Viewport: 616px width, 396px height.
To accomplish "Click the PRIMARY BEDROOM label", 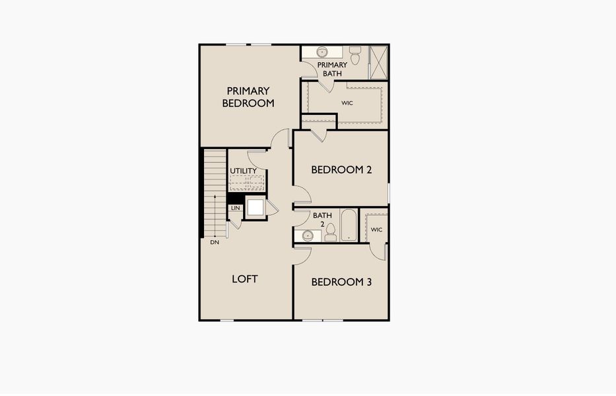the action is point(248,97).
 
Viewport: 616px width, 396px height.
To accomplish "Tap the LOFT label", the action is point(245,279).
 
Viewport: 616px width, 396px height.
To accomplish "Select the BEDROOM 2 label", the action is point(341,170).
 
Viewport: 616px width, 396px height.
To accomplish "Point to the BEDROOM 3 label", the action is point(341,282).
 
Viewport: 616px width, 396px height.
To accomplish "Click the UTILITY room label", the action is point(243,171).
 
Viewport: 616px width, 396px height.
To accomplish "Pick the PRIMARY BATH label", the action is point(332,69).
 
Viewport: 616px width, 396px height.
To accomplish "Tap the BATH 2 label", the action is point(323,220).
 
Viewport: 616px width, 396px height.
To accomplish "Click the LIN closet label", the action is point(235,208).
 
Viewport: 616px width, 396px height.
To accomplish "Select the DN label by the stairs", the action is point(215,242).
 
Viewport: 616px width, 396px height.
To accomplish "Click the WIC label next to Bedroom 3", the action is point(376,230).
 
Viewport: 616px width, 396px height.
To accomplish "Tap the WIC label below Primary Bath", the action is point(347,103).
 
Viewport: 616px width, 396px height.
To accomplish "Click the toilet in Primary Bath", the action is point(355,55).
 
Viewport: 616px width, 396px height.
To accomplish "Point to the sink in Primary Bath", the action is point(322,51).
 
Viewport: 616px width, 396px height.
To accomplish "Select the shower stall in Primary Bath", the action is point(379,63).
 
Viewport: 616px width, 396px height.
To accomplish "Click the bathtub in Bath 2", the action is point(349,224).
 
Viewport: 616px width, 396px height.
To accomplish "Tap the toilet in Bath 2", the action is point(331,232).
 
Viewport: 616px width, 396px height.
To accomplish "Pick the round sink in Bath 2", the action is point(308,236).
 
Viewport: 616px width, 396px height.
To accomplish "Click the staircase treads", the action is point(215,193).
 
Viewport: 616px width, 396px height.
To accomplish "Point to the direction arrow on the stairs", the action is point(215,215).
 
